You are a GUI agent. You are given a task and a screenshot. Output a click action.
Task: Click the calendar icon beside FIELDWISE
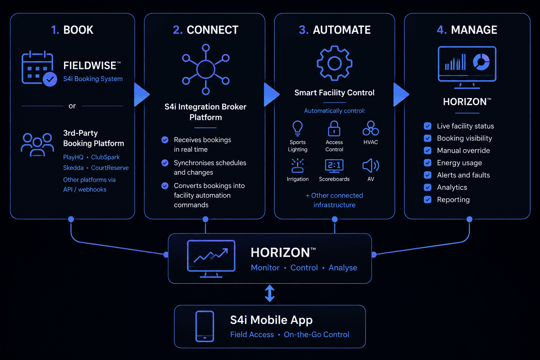[x=39, y=69]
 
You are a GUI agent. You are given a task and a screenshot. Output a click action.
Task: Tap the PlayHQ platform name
[x=73, y=157]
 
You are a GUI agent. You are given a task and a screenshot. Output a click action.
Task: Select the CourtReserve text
[x=110, y=168]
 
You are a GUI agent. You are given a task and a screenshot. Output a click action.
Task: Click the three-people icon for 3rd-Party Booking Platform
[x=37, y=145]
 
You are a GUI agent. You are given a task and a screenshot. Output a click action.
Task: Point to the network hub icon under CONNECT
[x=206, y=70]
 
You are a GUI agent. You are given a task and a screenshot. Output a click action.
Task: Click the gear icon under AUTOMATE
[x=335, y=63]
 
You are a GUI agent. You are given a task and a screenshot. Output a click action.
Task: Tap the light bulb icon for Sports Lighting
[x=297, y=129]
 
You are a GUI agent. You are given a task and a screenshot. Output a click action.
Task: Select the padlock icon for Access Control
[x=334, y=129]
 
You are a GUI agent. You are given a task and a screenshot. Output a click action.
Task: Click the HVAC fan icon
[x=371, y=128]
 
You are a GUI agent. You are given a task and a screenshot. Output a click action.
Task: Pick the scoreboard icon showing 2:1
[x=334, y=166]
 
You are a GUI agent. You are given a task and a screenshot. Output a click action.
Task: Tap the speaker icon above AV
[x=371, y=166]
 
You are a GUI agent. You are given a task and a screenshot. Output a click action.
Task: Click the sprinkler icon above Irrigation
[x=297, y=166]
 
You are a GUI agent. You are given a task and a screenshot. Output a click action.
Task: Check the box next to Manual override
[x=427, y=150]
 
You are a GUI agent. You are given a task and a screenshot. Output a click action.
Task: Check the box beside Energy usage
[x=427, y=163]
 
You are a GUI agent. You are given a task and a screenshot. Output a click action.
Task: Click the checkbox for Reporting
[x=427, y=200]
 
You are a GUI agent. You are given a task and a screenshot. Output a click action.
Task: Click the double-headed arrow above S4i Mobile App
[x=270, y=294]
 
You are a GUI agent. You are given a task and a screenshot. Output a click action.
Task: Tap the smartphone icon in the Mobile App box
[x=205, y=326]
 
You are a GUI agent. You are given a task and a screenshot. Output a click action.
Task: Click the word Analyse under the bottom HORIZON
[x=343, y=268]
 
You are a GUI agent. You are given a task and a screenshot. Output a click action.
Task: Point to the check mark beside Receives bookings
[x=165, y=140]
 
